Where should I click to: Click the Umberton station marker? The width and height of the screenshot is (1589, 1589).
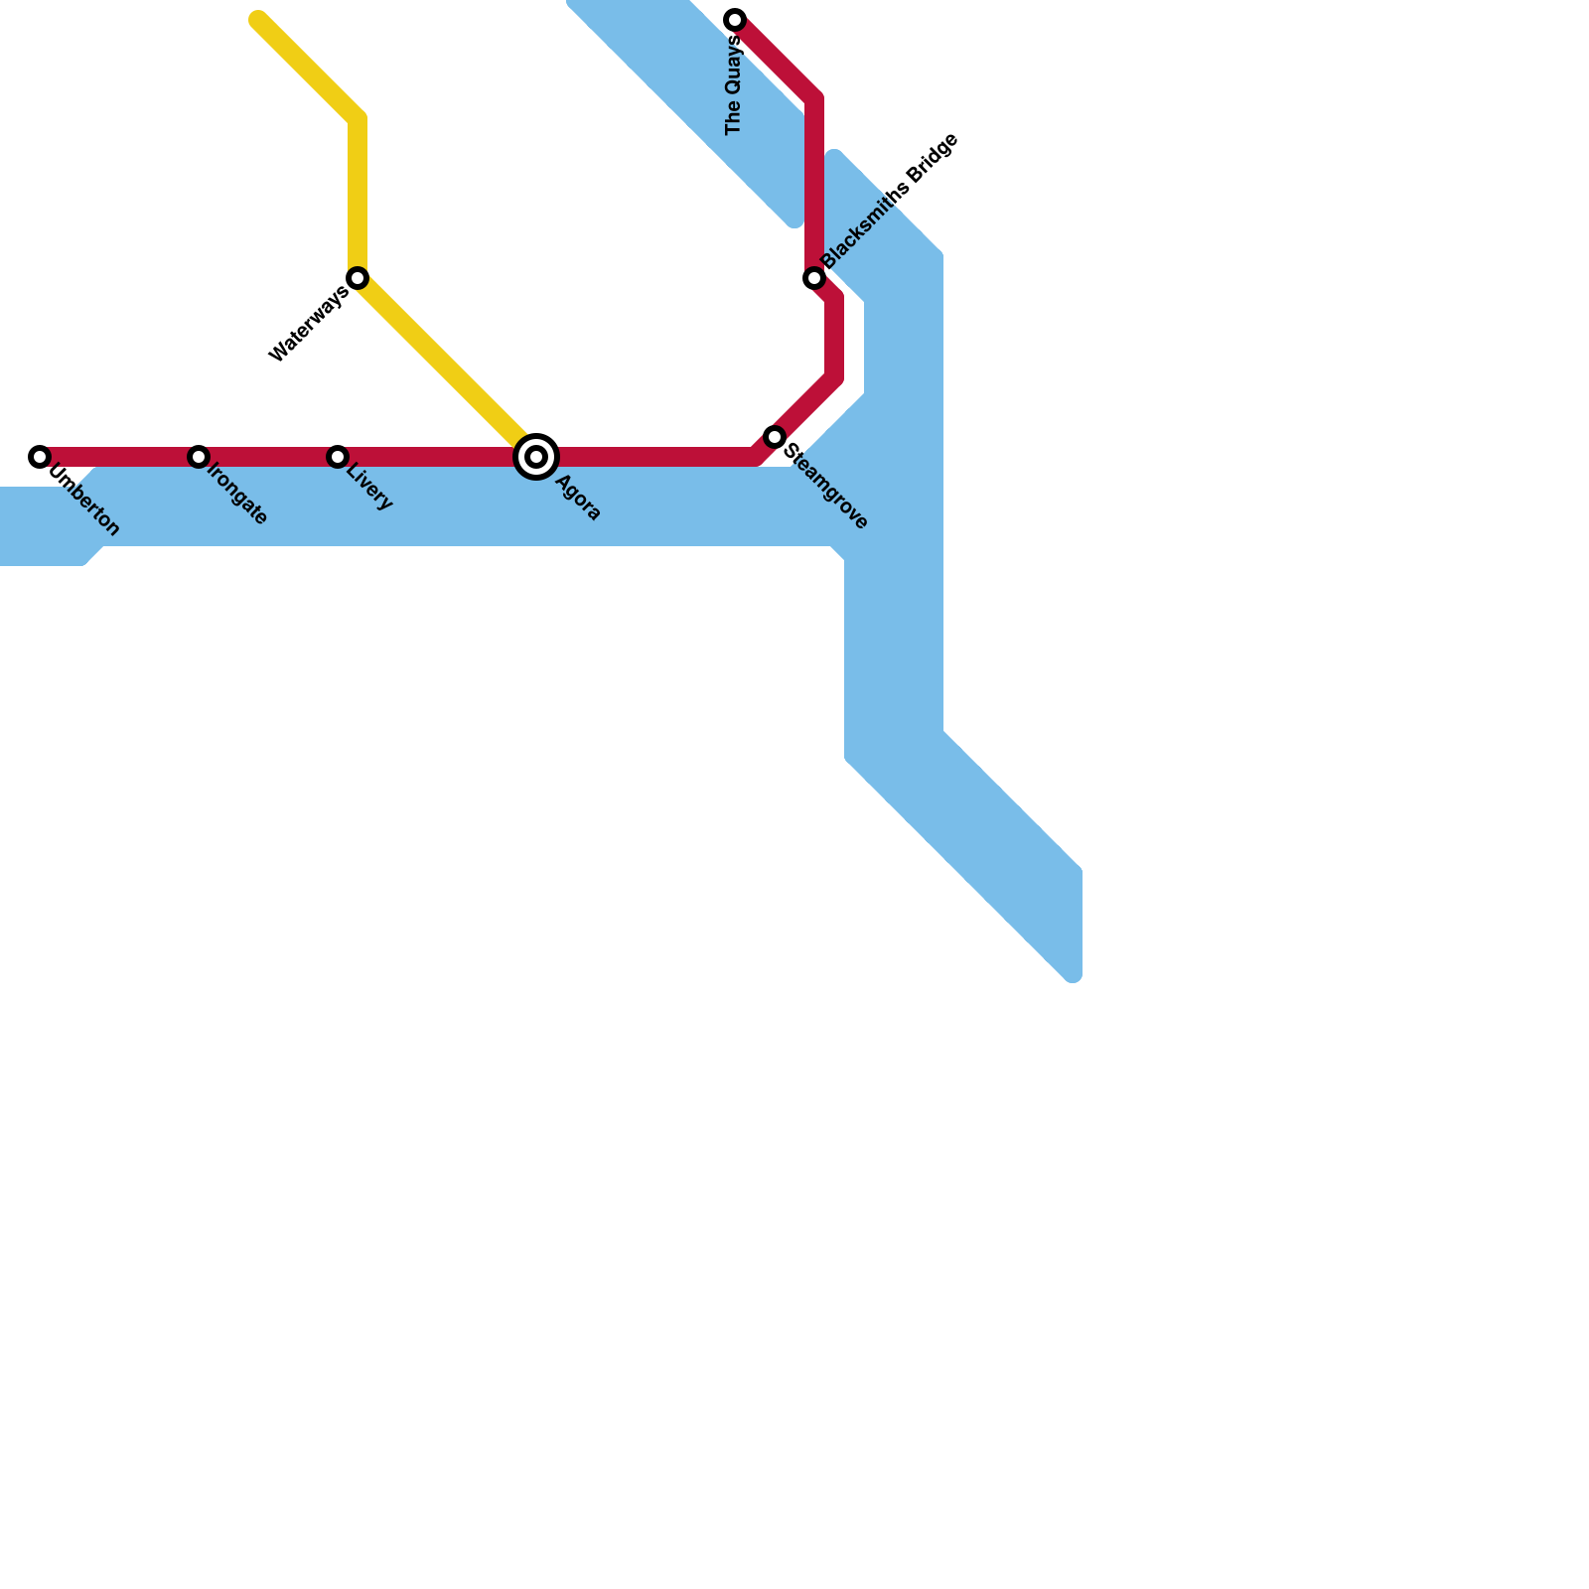pyautogui.click(x=40, y=457)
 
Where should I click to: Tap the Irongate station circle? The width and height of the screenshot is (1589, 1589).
pyautogui.click(x=199, y=457)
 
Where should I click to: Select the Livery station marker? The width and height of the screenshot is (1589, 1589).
pyautogui.click(x=338, y=457)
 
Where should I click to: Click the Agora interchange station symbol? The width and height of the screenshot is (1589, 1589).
pyautogui.click(x=536, y=457)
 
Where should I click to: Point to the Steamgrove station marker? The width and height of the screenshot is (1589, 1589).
pyautogui.click(x=775, y=437)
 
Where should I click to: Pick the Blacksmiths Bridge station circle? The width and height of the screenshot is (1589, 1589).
pyautogui.click(x=814, y=278)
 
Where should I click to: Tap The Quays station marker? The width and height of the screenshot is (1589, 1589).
pyautogui.click(x=735, y=20)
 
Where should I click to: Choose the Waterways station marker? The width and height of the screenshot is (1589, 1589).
pyautogui.click(x=358, y=278)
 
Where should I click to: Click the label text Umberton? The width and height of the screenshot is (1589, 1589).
pyautogui.click(x=83, y=502)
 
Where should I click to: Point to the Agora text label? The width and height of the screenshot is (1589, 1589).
pyautogui.click(x=578, y=499)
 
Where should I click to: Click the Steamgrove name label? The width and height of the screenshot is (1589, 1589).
pyautogui.click(x=826, y=486)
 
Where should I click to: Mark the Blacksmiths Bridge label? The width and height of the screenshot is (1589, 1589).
pyautogui.click(x=890, y=200)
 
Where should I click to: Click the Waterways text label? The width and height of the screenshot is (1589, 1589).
pyautogui.click(x=309, y=323)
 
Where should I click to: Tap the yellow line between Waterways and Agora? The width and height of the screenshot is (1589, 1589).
pyautogui.click(x=447, y=367)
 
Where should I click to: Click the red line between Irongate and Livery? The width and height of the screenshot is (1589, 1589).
pyautogui.click(x=268, y=457)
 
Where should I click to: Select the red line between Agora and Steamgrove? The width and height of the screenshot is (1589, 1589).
pyautogui.click(x=646, y=457)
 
